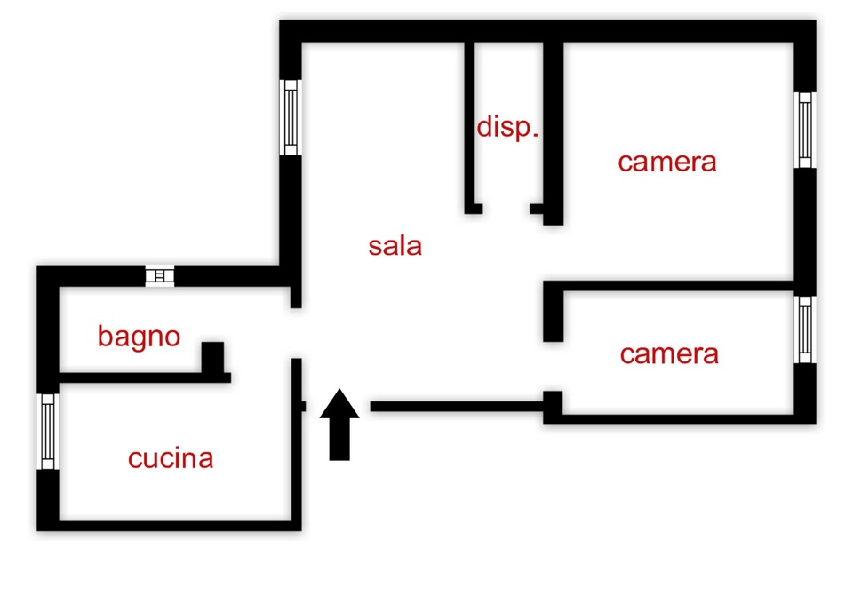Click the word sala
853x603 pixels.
(x=395, y=246)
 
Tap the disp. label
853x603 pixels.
(x=507, y=128)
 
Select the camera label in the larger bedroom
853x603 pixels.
(x=667, y=163)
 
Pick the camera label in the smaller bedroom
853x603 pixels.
(x=669, y=354)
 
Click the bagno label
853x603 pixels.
(x=140, y=337)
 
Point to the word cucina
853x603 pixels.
(x=171, y=459)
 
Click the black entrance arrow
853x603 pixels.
(x=339, y=424)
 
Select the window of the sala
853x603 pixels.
(x=291, y=117)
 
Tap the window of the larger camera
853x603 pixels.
(x=805, y=130)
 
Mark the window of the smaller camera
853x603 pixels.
(x=805, y=329)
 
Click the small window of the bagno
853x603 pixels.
(x=160, y=276)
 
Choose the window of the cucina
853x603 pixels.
(x=48, y=432)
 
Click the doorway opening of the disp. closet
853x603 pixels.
(x=506, y=209)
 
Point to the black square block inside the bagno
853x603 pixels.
(x=212, y=357)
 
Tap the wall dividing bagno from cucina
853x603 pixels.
(x=145, y=378)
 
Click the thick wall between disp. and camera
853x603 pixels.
(x=554, y=133)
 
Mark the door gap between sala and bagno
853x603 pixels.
(x=297, y=333)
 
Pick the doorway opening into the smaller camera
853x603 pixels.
(x=554, y=367)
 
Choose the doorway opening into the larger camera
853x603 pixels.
(x=554, y=253)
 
